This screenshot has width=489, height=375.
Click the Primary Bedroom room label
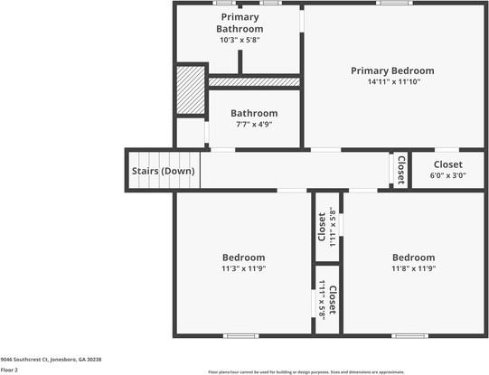pos(392,70)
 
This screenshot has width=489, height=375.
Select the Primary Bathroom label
pos(240,23)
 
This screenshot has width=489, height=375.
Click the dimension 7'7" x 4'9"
pos(253,125)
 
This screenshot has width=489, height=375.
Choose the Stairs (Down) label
pos(163,171)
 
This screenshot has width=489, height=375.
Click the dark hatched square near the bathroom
pos(191,89)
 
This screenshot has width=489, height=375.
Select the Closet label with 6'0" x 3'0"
pos(447,164)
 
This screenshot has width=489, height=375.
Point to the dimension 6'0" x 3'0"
pos(447,176)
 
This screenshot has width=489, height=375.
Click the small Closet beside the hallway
pos(400,170)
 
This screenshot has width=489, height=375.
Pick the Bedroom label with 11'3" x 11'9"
pos(243,258)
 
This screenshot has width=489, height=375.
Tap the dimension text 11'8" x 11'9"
pos(413,268)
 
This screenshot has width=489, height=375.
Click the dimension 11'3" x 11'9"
pos(243,268)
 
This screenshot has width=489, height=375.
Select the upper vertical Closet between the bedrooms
pos(325,228)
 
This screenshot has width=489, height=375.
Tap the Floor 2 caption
pos(9,370)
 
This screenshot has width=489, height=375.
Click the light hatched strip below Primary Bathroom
pos(254,81)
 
